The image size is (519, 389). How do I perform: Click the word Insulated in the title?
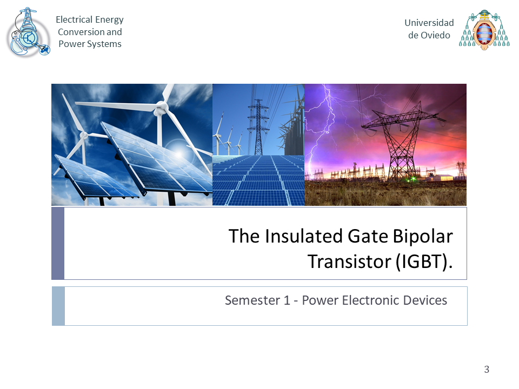pos(303,236)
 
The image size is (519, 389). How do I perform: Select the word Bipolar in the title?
pos(423,237)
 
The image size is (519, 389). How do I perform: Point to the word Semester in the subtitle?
pos(253,300)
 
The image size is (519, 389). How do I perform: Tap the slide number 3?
pos(487,369)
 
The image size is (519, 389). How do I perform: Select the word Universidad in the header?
pos(429,23)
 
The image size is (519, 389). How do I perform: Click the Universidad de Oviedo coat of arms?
pos(484,30)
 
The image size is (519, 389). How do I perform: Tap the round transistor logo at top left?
pos(29,33)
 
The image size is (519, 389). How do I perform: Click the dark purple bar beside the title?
pos(58,244)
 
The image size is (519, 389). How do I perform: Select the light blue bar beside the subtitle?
pos(58,306)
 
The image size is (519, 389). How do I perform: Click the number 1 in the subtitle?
pos(287,300)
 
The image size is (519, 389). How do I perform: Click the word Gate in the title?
pos(368,236)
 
